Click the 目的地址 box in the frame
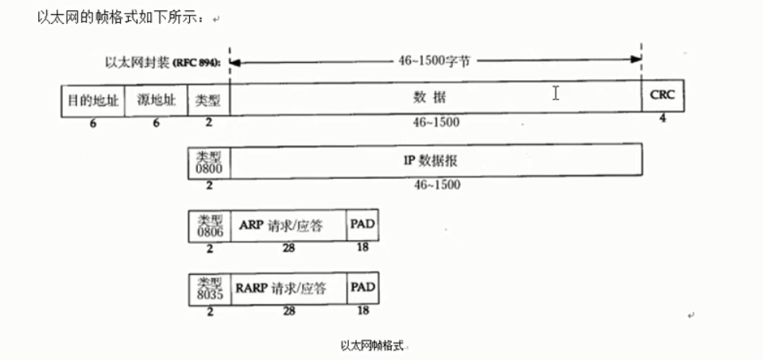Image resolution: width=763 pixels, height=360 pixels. pos(93,101)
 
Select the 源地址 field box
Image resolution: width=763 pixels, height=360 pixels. pos(156,101)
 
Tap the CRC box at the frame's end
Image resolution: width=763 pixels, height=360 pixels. pos(662,97)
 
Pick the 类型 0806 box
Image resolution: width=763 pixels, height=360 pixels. pos(208,226)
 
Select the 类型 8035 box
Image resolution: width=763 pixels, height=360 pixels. pos(208,288)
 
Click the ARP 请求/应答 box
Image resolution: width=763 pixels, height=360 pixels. pos(289,226)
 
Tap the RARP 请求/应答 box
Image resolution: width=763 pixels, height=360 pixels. pos(289,288)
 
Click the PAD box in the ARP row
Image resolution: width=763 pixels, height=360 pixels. pos(362,226)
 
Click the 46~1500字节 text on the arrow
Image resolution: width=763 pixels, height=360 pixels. pos(433,60)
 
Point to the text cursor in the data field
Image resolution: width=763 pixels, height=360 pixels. pos(556,94)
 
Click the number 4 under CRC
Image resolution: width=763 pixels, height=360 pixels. pos(661,118)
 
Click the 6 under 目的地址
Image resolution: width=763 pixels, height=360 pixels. pos(92,123)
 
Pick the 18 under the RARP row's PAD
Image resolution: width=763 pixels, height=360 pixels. pos(363,311)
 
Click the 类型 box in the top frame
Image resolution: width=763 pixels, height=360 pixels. pos(208,101)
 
